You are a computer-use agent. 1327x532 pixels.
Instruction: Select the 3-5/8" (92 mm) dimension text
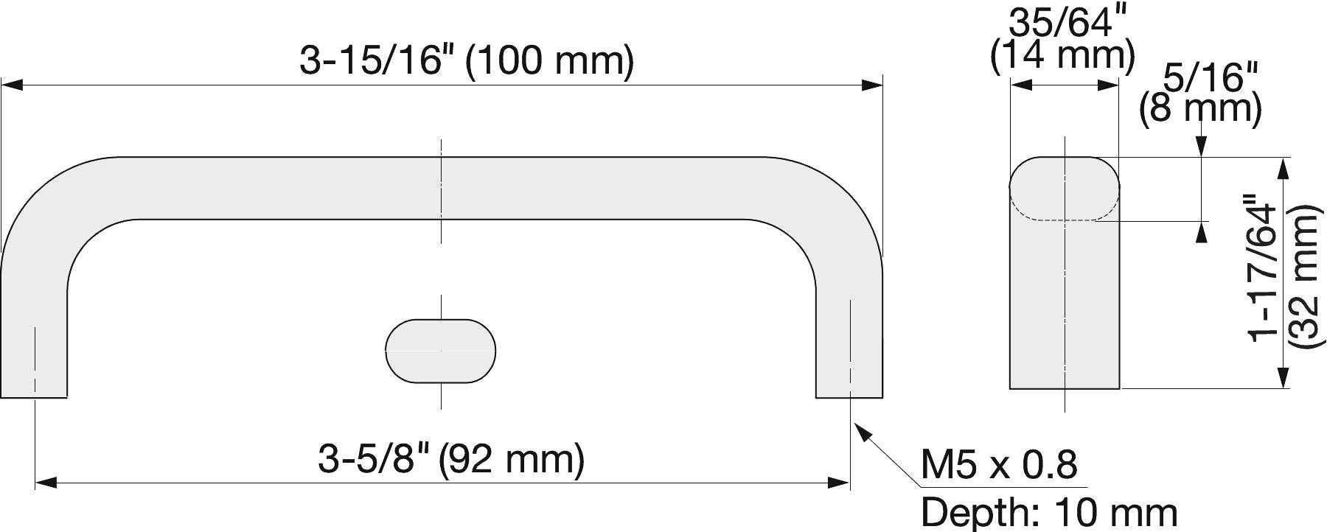point(451,460)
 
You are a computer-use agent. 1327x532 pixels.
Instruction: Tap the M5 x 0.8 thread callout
point(999,465)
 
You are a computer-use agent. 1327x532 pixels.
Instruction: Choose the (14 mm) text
point(1062,57)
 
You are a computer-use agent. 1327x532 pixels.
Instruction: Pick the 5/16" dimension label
point(1210,77)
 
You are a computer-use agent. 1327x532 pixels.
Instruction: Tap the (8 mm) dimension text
point(1200,108)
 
